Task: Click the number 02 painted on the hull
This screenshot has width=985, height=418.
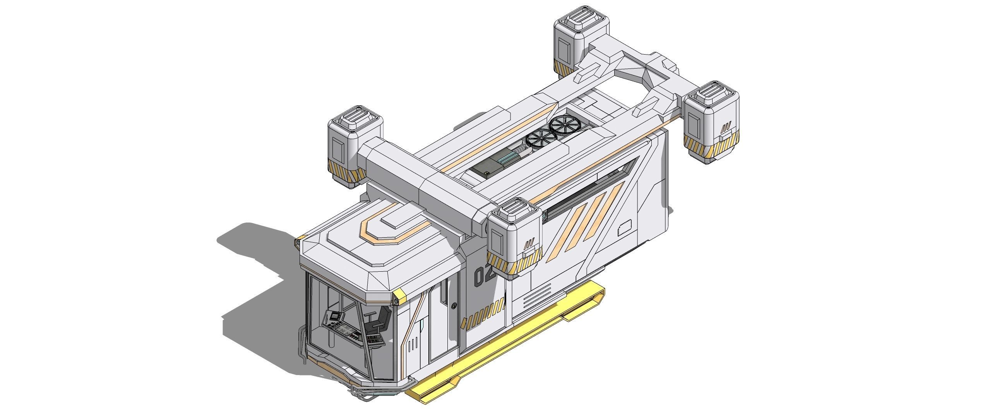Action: click(x=484, y=276)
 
